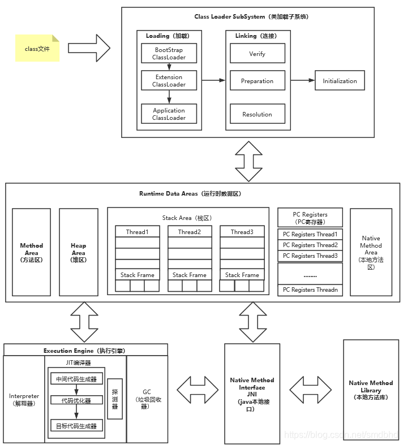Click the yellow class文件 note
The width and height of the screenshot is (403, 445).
tap(37, 48)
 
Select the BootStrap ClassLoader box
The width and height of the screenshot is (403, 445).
tap(169, 53)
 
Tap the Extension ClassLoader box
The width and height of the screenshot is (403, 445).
tap(169, 81)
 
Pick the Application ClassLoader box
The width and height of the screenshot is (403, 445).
tap(169, 114)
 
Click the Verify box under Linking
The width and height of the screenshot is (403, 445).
tap(258, 53)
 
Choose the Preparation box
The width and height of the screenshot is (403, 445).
tap(258, 81)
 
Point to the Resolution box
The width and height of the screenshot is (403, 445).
tap(258, 114)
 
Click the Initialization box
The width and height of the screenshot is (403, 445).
tap(340, 81)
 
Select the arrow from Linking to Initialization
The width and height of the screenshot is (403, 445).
tap(303, 80)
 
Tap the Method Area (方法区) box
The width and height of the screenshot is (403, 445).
tap(31, 252)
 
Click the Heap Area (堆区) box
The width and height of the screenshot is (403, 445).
tap(78, 252)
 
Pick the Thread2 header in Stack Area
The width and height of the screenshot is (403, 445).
tap(190, 232)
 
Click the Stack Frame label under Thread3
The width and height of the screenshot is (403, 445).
tap(242, 275)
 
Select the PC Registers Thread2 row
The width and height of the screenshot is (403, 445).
tap(310, 245)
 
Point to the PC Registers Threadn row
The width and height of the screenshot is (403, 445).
tap(310, 290)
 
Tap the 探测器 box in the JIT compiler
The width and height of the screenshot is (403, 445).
tap(115, 399)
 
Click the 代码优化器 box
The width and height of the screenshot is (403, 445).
tap(76, 400)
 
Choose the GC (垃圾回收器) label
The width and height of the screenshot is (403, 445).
tap(147, 399)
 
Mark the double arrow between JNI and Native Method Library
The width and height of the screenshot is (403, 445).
tap(310, 390)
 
